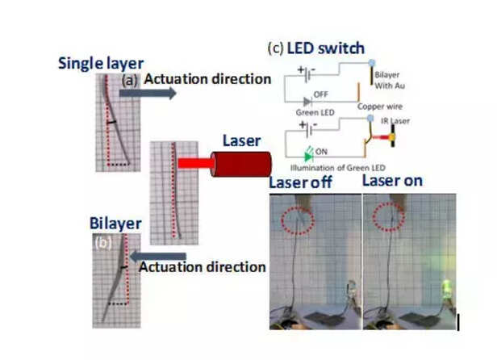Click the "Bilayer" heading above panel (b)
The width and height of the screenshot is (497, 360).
pos(116,223)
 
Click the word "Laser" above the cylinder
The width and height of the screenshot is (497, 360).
pos(241,141)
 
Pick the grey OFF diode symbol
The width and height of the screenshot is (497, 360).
pos(309,100)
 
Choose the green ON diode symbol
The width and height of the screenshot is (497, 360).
pos(309,151)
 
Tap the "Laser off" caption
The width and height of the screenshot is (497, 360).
pos(299,181)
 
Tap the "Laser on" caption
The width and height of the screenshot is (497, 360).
pos(391,180)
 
